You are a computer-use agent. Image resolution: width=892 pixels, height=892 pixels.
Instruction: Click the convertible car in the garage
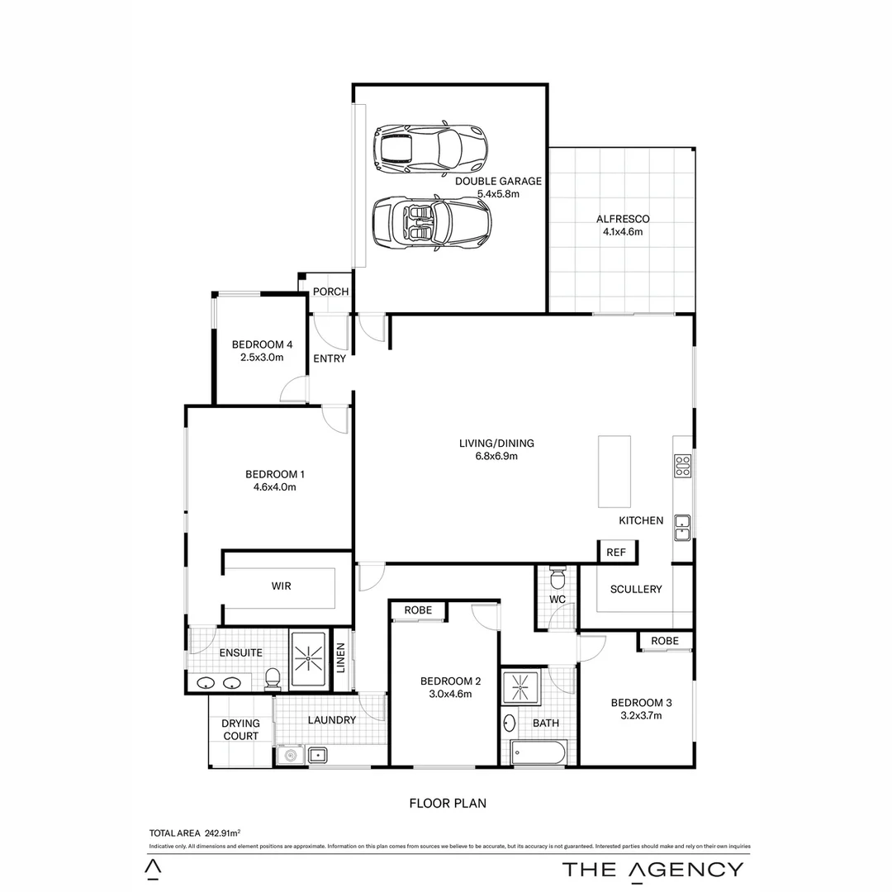coord(431,222)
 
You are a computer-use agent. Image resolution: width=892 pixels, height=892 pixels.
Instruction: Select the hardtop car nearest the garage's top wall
coord(429,149)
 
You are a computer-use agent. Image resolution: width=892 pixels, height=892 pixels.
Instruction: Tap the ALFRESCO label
coord(623,219)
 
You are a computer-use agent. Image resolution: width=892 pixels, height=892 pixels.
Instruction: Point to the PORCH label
coord(330,292)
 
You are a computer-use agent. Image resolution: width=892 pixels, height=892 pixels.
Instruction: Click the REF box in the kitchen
coord(616,553)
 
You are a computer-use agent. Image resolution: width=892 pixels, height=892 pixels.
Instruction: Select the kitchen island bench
coord(614,472)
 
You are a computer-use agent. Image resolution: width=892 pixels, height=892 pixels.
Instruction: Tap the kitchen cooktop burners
coord(682,466)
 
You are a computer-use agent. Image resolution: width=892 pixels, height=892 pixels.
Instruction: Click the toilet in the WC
coord(557,575)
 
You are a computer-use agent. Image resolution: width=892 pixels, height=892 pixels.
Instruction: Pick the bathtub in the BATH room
coord(538,752)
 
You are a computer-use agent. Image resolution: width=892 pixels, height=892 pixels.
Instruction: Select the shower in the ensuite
coord(309,661)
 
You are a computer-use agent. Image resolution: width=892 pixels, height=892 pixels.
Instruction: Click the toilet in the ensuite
coord(273,680)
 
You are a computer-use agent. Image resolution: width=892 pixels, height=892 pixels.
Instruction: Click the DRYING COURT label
coord(240,729)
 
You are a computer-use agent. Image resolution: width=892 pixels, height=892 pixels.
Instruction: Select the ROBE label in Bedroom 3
coord(664,641)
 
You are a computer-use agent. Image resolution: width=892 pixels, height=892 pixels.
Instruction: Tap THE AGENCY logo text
coord(652,869)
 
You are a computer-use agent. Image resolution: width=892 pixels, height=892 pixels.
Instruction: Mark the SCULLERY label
coord(636,589)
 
